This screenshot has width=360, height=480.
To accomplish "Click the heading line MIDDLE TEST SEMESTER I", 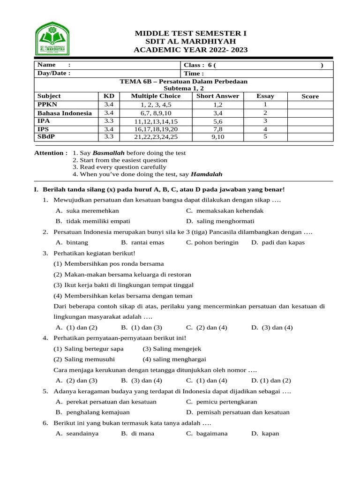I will point(190,33).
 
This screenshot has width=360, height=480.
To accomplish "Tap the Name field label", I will point(46,65).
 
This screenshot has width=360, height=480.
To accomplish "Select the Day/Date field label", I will point(53,73).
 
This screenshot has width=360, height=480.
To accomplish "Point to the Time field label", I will point(194,73).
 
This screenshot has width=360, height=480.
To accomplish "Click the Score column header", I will point(310,96).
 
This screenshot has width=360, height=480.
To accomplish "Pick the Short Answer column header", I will point(217,96).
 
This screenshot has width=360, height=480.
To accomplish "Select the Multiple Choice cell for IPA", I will point(156,121).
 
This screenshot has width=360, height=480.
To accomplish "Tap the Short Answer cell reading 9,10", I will point(217,137).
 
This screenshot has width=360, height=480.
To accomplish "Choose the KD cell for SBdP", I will point(109,137).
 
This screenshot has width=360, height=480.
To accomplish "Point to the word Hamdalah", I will point(207,174).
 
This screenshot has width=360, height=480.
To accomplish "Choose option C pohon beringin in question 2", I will point(212,242).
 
